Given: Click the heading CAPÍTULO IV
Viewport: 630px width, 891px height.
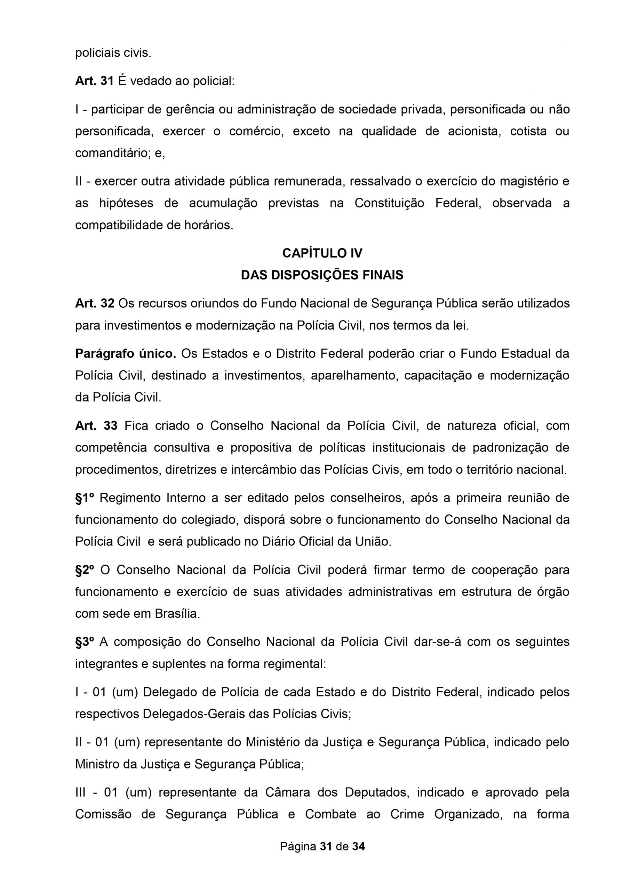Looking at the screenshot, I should [x=322, y=253].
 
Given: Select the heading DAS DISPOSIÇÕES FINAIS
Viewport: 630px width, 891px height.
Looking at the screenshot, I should [x=322, y=275].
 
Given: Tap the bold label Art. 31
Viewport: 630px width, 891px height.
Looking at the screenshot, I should [x=94, y=81].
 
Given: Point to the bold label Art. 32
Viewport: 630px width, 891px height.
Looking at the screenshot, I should [x=95, y=303].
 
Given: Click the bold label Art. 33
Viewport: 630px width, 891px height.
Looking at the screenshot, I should [x=96, y=426].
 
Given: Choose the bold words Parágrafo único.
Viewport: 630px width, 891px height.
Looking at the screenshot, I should [x=126, y=354].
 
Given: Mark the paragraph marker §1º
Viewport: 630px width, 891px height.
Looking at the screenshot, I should [x=85, y=498].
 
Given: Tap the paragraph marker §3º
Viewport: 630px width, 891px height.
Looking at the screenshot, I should [x=85, y=642].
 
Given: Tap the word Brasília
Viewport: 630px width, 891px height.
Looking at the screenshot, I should [x=177, y=614].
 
